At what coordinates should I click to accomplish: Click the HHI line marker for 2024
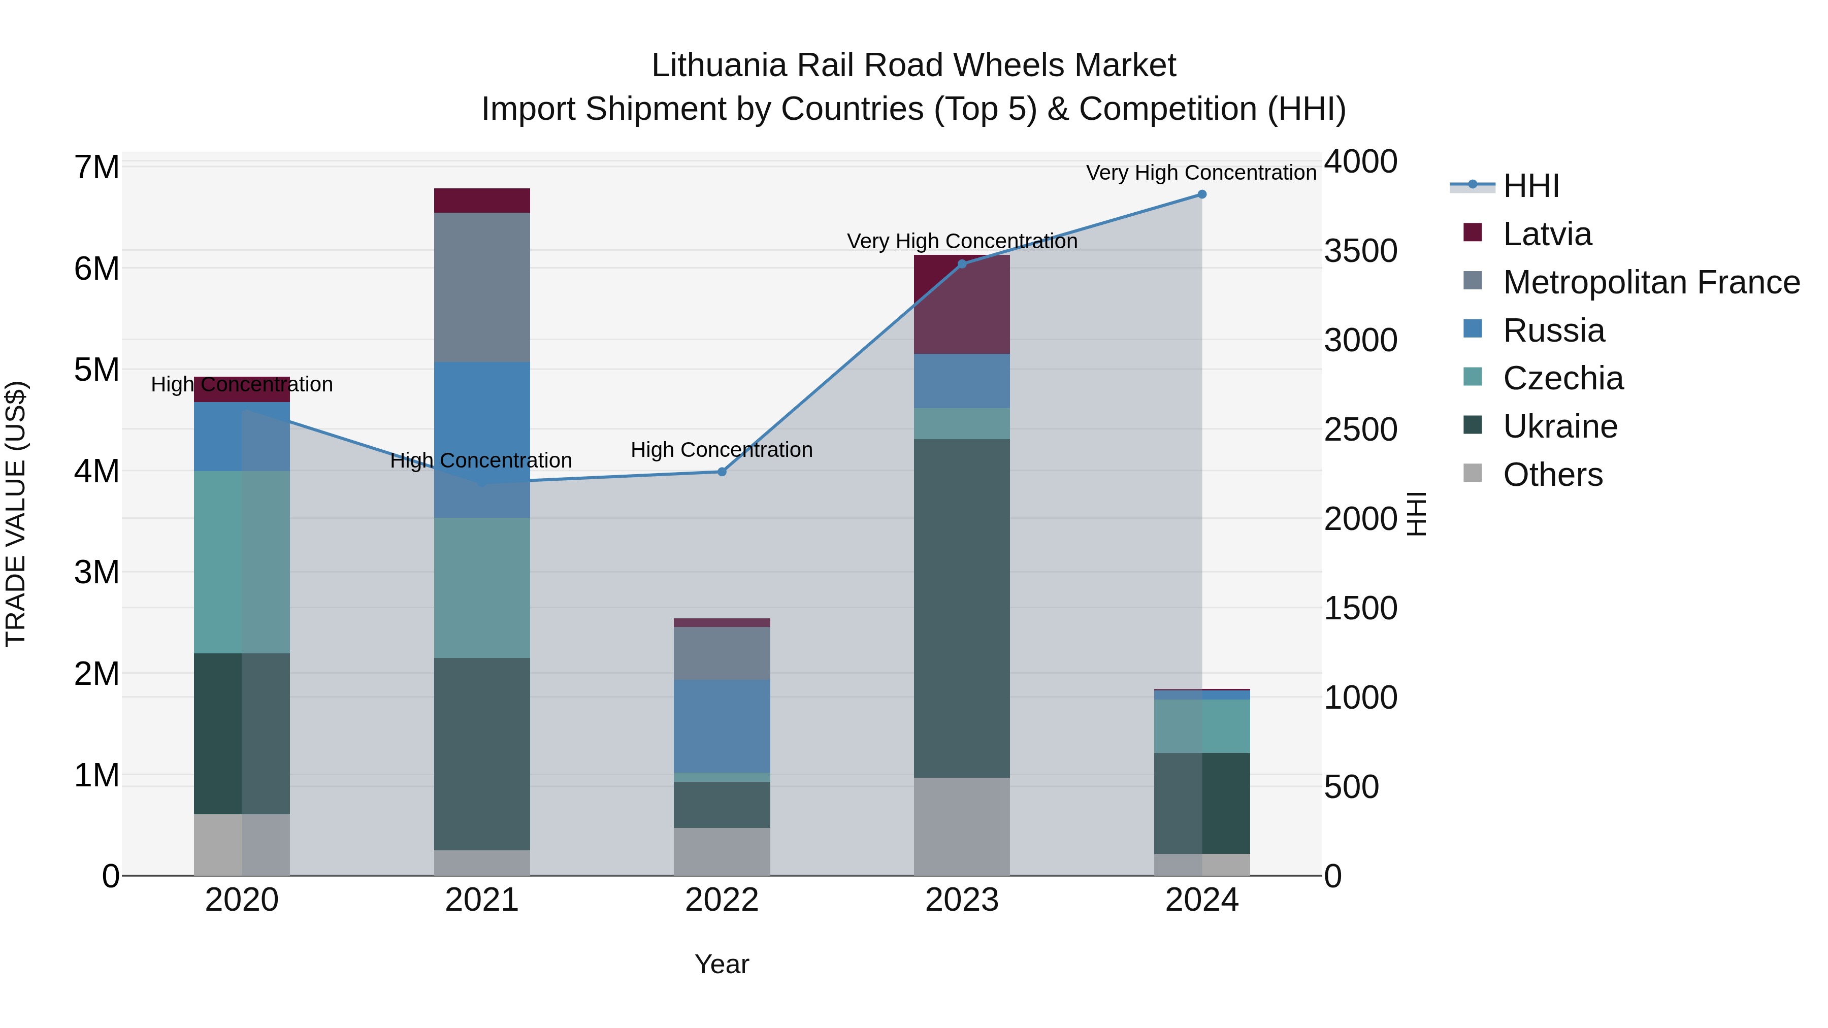pos(1201,194)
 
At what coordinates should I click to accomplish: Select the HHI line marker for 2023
pos(962,264)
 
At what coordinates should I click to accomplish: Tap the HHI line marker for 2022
pos(722,472)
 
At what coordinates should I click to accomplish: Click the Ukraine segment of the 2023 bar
pos(962,608)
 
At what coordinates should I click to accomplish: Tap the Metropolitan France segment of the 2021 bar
pos(482,287)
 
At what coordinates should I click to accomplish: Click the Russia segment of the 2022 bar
pos(722,726)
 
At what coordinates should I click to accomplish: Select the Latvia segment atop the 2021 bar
pos(482,201)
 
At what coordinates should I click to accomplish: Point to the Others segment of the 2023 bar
pos(962,826)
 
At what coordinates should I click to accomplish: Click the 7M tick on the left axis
pos(97,168)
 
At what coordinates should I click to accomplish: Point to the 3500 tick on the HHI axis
pos(1360,251)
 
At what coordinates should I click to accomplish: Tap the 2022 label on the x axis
pos(722,900)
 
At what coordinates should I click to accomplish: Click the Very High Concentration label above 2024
pos(1201,173)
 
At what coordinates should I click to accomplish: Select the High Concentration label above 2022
pos(722,450)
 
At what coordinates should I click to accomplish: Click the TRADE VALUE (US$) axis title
pos(16,514)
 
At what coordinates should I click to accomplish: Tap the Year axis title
pos(722,964)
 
